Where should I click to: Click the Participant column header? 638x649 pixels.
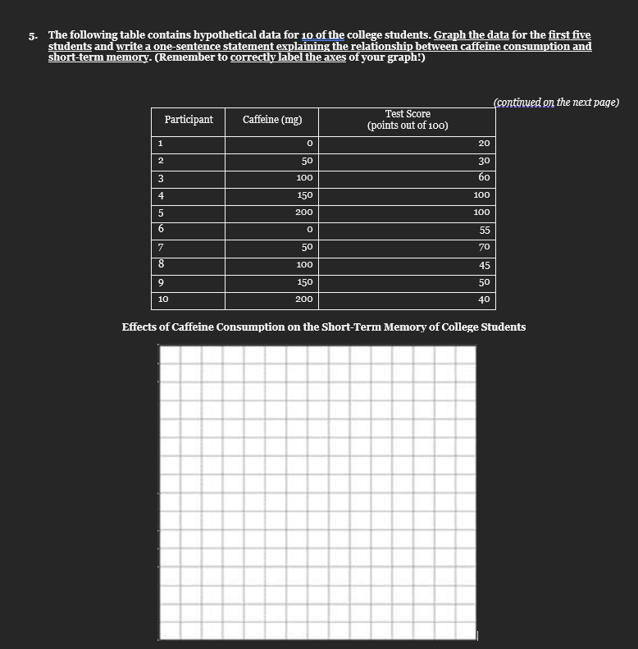[189, 120]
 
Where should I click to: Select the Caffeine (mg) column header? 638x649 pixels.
[272, 120]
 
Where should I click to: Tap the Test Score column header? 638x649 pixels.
[407, 120]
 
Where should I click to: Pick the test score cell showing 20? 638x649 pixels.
[484, 144]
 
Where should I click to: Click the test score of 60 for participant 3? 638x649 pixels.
[484, 178]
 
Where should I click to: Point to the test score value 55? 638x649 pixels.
[484, 231]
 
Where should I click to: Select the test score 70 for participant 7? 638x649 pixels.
[484, 247]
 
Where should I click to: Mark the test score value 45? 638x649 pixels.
[484, 265]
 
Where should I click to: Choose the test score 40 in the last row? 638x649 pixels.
[484, 299]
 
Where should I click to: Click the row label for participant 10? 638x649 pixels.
[163, 299]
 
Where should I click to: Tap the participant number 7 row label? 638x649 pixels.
[162, 247]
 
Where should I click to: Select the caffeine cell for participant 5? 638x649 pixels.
[303, 213]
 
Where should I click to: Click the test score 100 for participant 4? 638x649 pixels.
[481, 195]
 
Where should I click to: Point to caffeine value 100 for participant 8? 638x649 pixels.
[304, 265]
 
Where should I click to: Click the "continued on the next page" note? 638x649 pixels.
[556, 102]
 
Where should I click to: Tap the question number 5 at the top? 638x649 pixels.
[31, 36]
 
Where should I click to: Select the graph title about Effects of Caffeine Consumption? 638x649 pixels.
[324, 327]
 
